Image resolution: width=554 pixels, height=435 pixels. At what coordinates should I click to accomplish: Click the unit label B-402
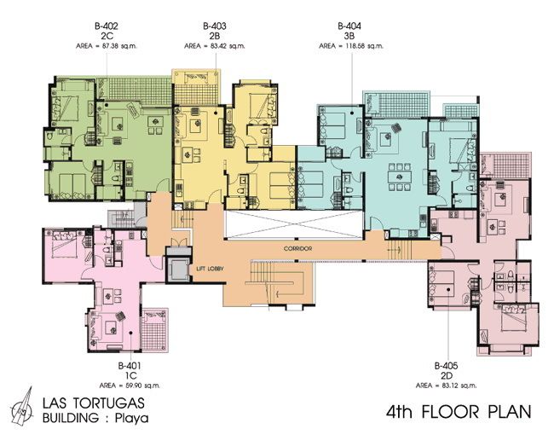tap(106, 26)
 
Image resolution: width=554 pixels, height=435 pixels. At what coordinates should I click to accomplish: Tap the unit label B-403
tap(215, 26)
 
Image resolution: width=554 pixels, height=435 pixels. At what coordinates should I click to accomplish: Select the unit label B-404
tap(349, 26)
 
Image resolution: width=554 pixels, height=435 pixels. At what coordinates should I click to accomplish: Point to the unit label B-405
tap(447, 365)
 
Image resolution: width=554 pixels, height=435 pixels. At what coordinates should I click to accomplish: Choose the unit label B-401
tap(130, 365)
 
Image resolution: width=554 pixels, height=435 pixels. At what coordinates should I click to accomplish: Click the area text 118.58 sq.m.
tap(364, 46)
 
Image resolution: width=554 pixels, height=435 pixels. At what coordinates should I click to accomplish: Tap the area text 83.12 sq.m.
tap(459, 386)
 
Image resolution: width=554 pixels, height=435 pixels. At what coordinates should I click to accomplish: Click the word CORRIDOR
tap(297, 249)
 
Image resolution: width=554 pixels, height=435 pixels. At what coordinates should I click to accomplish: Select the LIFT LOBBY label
tap(211, 270)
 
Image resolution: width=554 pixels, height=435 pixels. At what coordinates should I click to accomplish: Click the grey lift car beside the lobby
tap(179, 270)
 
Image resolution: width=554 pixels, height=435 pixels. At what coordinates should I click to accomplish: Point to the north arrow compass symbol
tap(22, 407)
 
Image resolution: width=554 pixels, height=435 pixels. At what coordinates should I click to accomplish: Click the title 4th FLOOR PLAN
tap(459, 412)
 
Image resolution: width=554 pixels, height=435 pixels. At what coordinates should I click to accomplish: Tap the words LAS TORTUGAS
tap(94, 403)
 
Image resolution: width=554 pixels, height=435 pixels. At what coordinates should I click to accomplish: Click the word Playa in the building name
tap(132, 419)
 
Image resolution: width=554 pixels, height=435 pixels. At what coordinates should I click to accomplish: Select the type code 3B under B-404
tap(349, 36)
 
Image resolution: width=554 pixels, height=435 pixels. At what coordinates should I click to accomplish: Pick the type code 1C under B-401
tap(130, 375)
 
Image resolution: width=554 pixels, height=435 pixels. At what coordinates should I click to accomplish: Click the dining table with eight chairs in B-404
tap(400, 176)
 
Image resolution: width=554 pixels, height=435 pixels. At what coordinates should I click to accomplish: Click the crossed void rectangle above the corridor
tap(294, 223)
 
